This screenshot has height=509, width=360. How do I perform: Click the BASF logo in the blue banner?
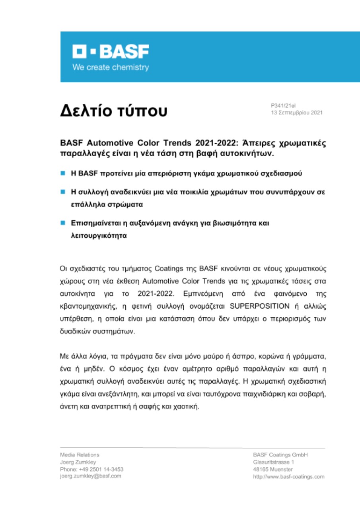tap(110, 52)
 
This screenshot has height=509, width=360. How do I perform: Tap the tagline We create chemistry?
tap(110, 67)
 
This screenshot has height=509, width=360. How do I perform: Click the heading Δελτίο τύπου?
tap(113, 111)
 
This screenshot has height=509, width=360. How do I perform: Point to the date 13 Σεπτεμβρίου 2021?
tap(296, 113)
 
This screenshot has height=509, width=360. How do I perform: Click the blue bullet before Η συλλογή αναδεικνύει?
tap(62, 192)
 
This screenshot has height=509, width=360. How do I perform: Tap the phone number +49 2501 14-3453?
tap(100, 469)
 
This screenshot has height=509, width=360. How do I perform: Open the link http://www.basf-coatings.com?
tap(289, 476)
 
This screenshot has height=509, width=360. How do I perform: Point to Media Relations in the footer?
tap(80, 455)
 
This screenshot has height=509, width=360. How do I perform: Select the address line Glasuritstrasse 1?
tap(274, 462)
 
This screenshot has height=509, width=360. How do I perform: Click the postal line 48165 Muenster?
tap(272, 469)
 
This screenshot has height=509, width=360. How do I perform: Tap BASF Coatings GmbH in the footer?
tap(280, 455)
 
